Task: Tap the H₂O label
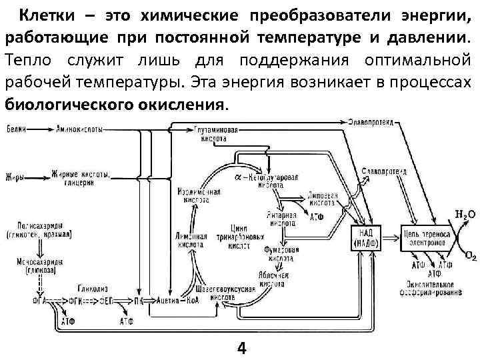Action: (465, 215)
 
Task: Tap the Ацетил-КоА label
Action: (178, 300)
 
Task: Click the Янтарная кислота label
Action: (283, 220)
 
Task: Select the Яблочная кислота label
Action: (275, 278)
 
